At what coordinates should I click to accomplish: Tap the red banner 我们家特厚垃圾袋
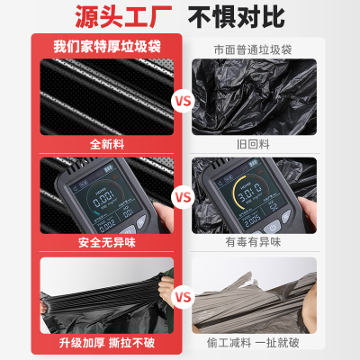(x=105, y=46)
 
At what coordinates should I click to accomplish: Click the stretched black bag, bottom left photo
(x=99, y=301)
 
